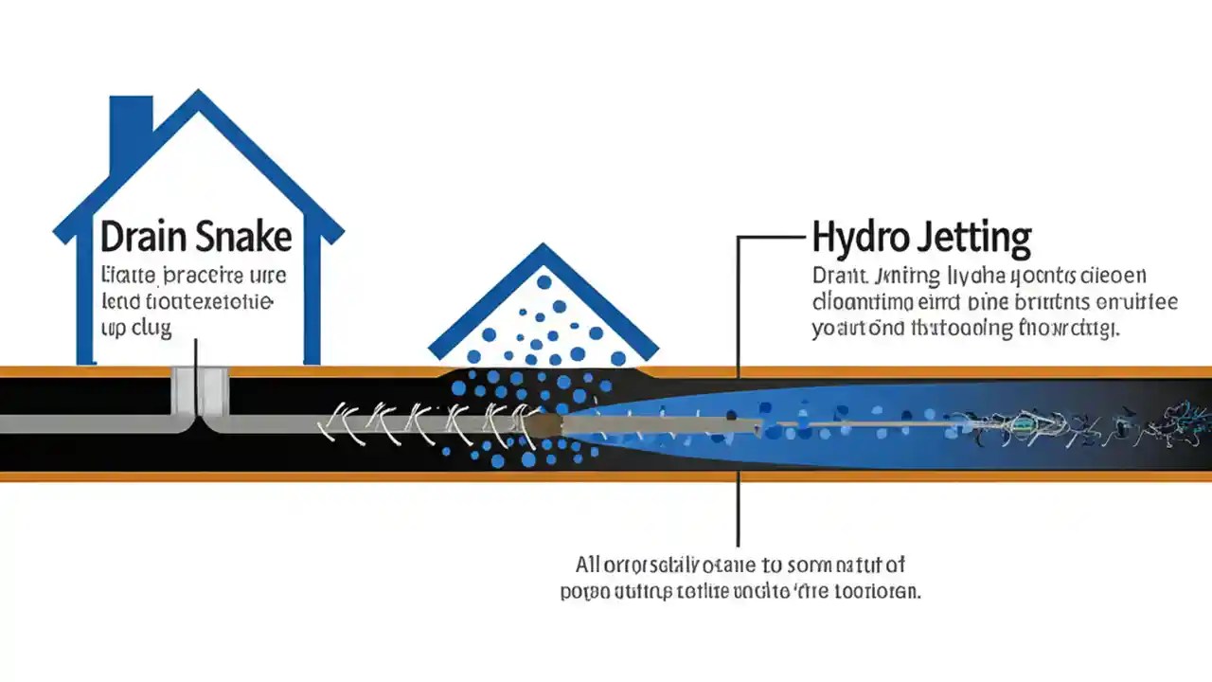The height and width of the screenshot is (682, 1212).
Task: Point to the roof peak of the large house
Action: (198, 96)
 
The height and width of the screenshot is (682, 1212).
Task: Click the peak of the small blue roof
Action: (542, 248)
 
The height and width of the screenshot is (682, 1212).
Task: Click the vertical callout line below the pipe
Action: (738, 511)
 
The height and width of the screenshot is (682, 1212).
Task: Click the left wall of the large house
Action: (87, 303)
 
